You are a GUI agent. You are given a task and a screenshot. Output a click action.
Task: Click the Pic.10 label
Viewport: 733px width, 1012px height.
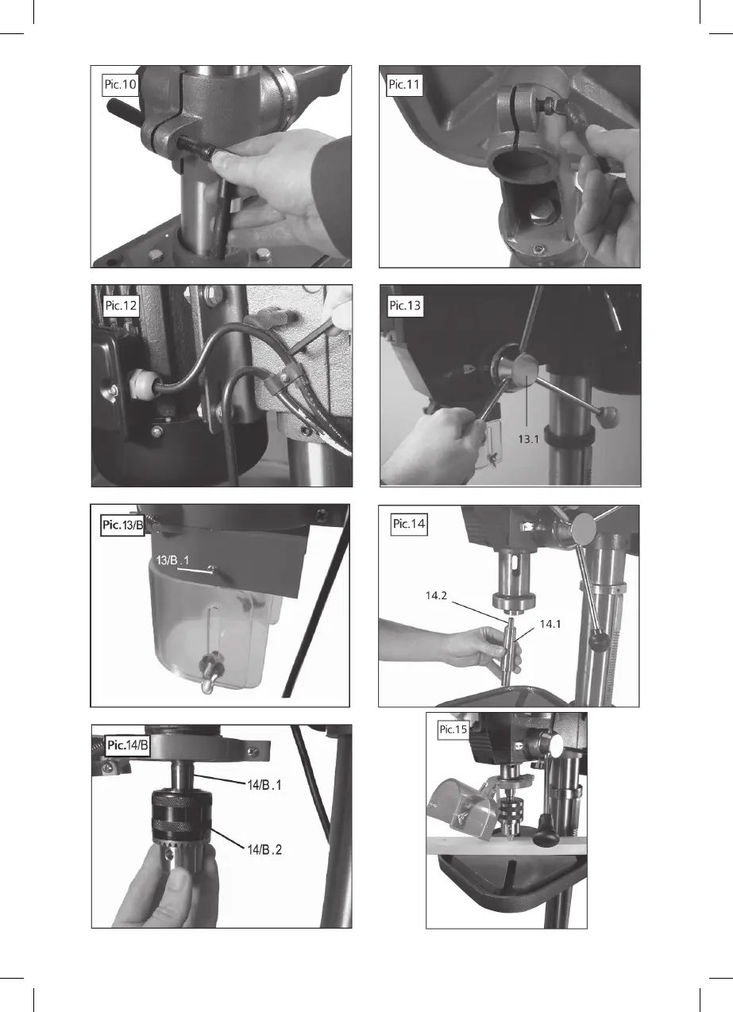point(120,84)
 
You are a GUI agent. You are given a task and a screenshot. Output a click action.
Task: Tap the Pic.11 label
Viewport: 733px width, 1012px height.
point(404,84)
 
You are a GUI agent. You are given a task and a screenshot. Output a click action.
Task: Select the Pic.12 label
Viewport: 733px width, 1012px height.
point(121,306)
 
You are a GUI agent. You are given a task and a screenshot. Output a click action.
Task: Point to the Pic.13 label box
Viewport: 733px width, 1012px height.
point(405,306)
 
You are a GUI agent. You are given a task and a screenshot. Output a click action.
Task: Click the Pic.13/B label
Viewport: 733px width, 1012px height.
point(122,525)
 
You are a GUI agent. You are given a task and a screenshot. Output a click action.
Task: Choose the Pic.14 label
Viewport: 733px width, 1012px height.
point(409,524)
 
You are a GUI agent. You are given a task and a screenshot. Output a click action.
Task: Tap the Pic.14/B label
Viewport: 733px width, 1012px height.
point(127,745)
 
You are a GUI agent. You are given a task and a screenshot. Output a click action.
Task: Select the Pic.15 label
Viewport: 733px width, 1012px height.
point(453,729)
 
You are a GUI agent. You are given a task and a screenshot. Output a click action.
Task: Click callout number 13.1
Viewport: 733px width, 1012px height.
point(528,439)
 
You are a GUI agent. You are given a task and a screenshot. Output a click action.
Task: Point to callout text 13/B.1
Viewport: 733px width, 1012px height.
point(172,560)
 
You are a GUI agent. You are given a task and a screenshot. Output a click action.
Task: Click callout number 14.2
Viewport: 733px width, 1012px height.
point(436,595)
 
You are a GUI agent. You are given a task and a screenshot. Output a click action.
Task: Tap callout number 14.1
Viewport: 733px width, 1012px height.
point(550,624)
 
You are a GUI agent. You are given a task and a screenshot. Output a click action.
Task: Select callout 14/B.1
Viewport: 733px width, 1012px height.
point(264,785)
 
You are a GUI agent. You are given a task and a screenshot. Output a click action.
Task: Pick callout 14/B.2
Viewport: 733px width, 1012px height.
point(264,849)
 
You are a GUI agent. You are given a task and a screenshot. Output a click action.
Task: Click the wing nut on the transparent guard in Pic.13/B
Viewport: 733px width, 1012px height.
point(212,672)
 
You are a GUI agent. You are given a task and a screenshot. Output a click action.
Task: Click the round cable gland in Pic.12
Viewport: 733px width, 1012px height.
point(141,384)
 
